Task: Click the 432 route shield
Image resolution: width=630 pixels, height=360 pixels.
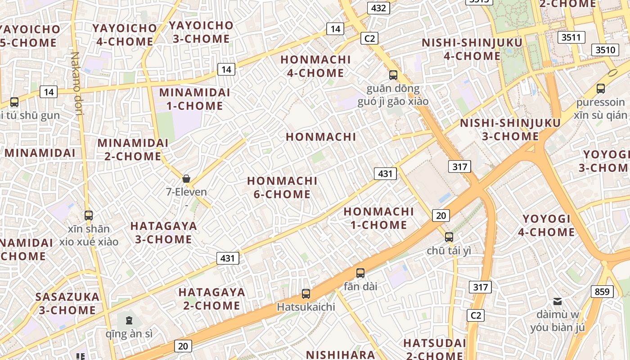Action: [x=378, y=8]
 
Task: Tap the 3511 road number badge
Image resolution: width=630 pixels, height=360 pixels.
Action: [x=571, y=37]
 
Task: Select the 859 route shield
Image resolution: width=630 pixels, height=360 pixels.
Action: [x=602, y=292]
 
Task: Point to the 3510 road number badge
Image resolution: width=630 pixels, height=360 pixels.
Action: [x=605, y=49]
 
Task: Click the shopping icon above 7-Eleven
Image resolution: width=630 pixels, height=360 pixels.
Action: [x=186, y=179]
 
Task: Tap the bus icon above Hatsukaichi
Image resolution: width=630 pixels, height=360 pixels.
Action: [x=306, y=294]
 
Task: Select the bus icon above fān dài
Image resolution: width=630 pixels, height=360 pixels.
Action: [x=360, y=273]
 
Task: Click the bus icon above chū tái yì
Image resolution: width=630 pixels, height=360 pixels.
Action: [x=449, y=237]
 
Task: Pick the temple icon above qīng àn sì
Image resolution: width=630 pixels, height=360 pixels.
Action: [x=129, y=320]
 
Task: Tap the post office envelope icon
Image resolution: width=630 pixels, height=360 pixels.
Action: [x=558, y=301]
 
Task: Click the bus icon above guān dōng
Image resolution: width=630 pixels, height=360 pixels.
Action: [x=393, y=75]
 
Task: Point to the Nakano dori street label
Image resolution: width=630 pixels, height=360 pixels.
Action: [x=76, y=84]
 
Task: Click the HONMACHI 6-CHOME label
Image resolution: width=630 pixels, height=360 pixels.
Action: [x=282, y=188]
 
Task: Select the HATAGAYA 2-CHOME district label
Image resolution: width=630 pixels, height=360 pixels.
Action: [x=211, y=299]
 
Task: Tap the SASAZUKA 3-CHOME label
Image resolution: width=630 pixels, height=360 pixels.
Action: [x=67, y=303]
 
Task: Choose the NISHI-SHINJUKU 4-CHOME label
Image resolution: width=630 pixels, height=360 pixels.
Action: [x=472, y=49]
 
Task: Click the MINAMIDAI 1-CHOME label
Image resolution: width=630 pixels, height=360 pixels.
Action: [x=194, y=99]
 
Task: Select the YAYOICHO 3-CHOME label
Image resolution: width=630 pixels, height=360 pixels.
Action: [x=201, y=32]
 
